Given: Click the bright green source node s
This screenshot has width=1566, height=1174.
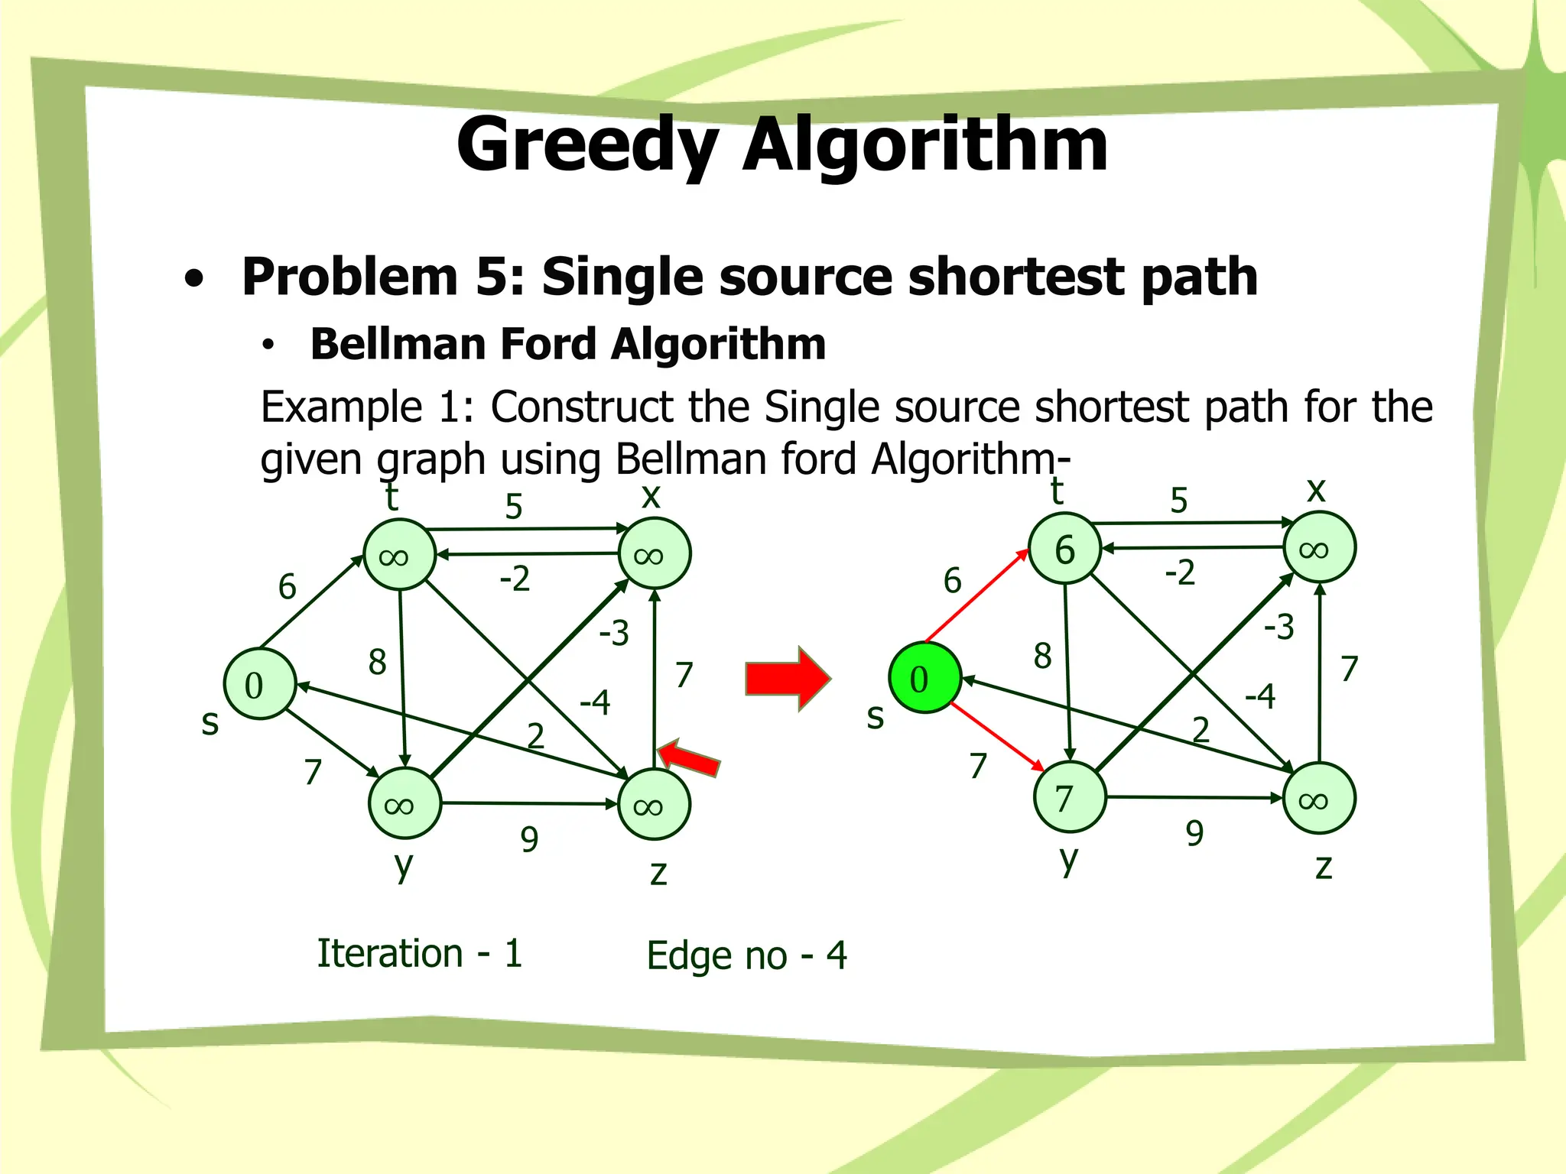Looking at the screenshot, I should [924, 678].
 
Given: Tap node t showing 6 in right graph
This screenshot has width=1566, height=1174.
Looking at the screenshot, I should [1064, 548].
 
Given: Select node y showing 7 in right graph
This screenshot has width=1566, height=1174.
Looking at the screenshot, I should [1069, 797].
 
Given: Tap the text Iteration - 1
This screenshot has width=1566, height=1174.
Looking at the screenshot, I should [420, 953].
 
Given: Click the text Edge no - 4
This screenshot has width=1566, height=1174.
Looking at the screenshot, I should [746, 955].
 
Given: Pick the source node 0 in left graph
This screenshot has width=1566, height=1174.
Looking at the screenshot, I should [259, 684].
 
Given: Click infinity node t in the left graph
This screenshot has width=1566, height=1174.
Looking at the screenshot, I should [399, 555].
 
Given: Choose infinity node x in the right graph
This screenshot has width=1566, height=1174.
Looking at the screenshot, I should [1319, 548].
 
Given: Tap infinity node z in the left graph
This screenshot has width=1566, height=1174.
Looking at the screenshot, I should [654, 805].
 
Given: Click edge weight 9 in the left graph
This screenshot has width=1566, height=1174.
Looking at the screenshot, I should [529, 839].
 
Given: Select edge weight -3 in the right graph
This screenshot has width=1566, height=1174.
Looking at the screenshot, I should [1278, 627].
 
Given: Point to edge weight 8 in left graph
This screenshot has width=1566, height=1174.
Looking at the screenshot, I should [377, 661].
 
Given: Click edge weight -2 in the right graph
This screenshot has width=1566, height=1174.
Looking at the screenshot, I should [1179, 572].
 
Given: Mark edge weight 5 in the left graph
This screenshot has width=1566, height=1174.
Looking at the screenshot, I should [514, 506].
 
